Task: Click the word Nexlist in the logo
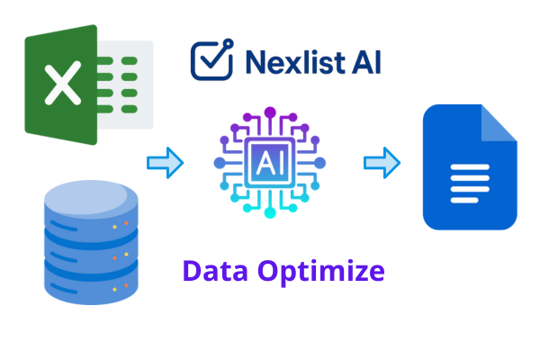(x=293, y=61)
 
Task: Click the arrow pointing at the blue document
(x=382, y=163)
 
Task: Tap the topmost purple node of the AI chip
(x=270, y=110)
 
